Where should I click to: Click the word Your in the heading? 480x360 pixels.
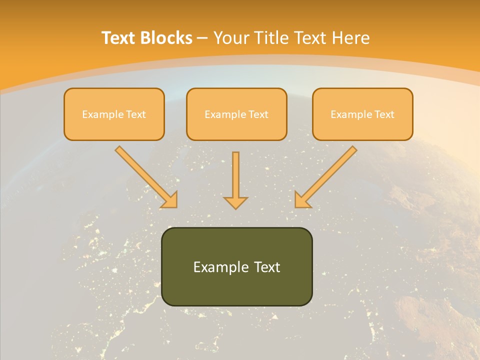(x=229, y=38)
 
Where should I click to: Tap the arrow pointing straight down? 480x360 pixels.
(x=235, y=180)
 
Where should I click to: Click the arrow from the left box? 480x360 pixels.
(x=145, y=175)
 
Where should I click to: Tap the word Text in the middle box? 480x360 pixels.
(x=258, y=114)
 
